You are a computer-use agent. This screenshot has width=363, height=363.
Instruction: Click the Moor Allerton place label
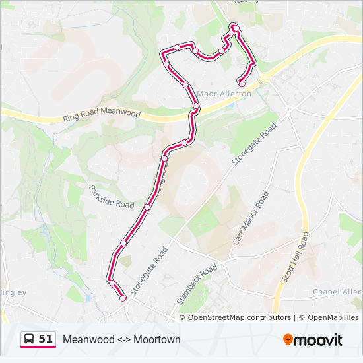224,94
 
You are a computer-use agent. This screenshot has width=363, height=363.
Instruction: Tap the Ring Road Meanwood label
102,115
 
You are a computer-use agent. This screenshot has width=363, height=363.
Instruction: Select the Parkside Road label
112,196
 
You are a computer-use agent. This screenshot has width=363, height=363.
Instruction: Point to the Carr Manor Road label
251,218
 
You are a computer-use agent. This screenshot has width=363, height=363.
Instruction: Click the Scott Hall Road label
295,257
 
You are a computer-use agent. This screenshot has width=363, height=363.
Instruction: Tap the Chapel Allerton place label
337,292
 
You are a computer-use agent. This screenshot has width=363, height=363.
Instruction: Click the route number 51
46,339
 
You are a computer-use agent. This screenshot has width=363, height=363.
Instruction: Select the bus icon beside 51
30,339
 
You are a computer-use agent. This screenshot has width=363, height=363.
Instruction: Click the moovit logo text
319,340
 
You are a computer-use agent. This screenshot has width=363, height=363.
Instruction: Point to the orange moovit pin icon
288,339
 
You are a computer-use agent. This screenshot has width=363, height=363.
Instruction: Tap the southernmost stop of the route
123,298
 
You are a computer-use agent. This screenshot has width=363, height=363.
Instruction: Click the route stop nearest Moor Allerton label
242,84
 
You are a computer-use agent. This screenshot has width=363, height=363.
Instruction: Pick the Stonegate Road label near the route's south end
149,271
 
